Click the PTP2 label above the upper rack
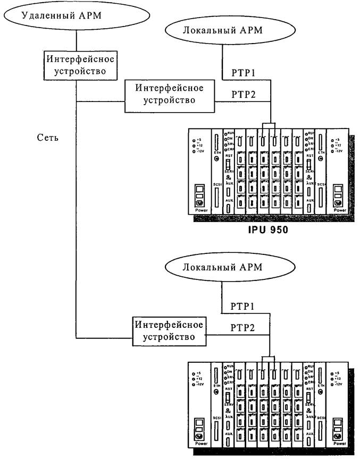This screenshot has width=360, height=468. [x=244, y=94]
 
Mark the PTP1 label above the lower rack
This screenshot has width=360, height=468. [x=243, y=307]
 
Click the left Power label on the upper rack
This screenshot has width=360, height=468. [x=200, y=210]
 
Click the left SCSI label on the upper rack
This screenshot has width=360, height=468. [x=216, y=184]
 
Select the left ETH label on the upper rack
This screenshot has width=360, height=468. [x=217, y=152]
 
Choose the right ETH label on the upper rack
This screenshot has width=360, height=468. [x=320, y=152]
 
